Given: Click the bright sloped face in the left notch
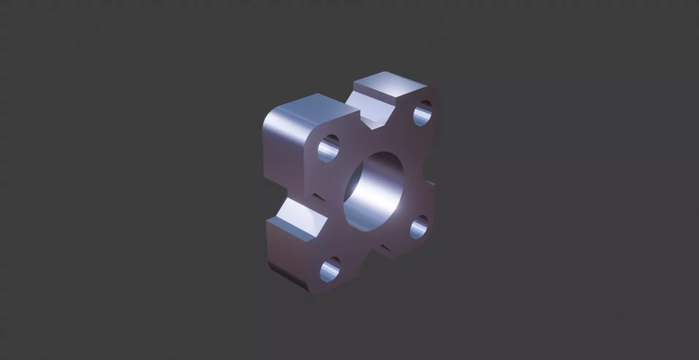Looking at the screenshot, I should (x=299, y=215).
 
